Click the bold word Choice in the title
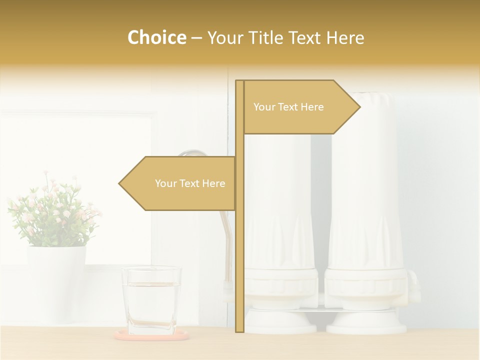pyautogui.click(x=156, y=37)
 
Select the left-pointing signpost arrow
pyautogui.click(x=180, y=183)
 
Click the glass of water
pyautogui.click(x=151, y=300)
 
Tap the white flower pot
pyautogui.click(x=55, y=280)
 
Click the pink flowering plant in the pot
pyautogui.click(x=52, y=210)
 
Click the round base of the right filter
pyautogui.click(x=366, y=322)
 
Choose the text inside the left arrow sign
pyautogui.click(x=190, y=183)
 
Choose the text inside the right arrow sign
pyautogui.click(x=288, y=107)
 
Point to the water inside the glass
pyautogui.click(x=151, y=307)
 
